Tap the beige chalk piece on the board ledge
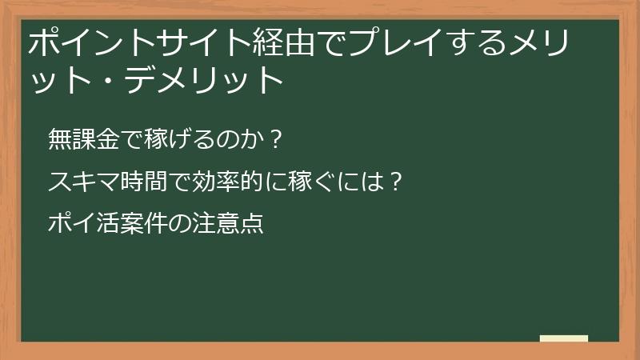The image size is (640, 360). [563, 338]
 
